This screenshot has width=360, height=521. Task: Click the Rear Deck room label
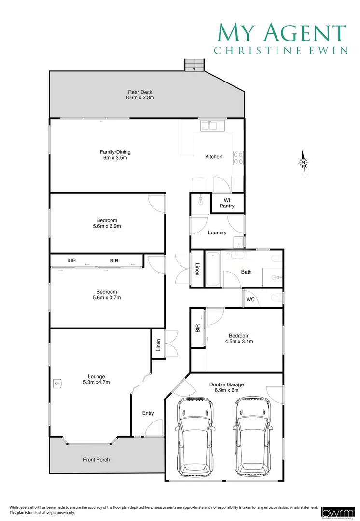[x=140, y=95]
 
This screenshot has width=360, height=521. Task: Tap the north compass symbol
[x=303, y=162]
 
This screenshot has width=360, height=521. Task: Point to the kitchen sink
[x=209, y=125]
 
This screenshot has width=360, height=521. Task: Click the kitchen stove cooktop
[x=238, y=158]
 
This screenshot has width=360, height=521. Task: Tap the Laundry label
[x=217, y=233]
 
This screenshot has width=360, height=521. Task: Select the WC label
[x=250, y=300]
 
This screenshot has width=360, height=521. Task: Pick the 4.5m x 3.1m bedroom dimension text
[x=239, y=341]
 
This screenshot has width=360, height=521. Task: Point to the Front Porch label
[x=97, y=460]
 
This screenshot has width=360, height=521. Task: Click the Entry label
[x=148, y=413]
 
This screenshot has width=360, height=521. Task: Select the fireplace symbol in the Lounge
[x=56, y=384]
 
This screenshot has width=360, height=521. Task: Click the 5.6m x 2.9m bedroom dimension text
[x=107, y=226]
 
